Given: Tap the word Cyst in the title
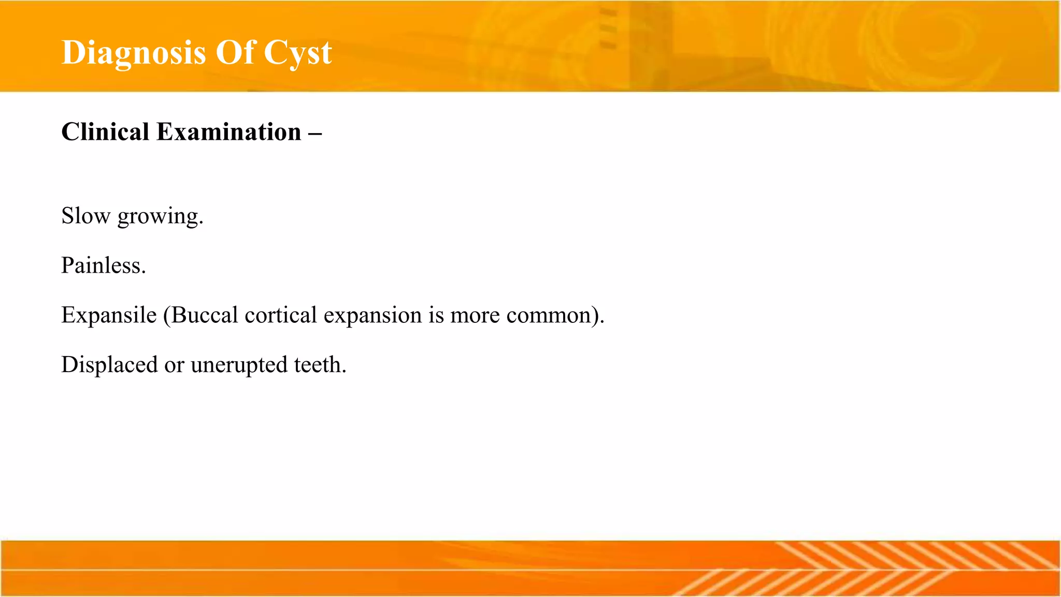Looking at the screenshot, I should click(x=297, y=53).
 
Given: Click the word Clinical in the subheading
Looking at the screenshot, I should click(x=105, y=132).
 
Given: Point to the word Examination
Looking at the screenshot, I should click(x=228, y=132).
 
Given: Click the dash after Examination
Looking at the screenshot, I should click(x=314, y=133).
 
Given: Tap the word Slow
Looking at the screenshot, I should click(x=85, y=216).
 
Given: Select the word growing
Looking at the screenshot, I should click(x=160, y=217).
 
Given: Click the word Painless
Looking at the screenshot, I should click(x=103, y=265).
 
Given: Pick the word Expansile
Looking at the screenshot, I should click(x=109, y=315).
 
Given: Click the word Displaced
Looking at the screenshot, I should click(x=109, y=365).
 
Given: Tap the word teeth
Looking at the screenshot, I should click(x=320, y=365).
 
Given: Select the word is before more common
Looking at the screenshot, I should click(x=436, y=315).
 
